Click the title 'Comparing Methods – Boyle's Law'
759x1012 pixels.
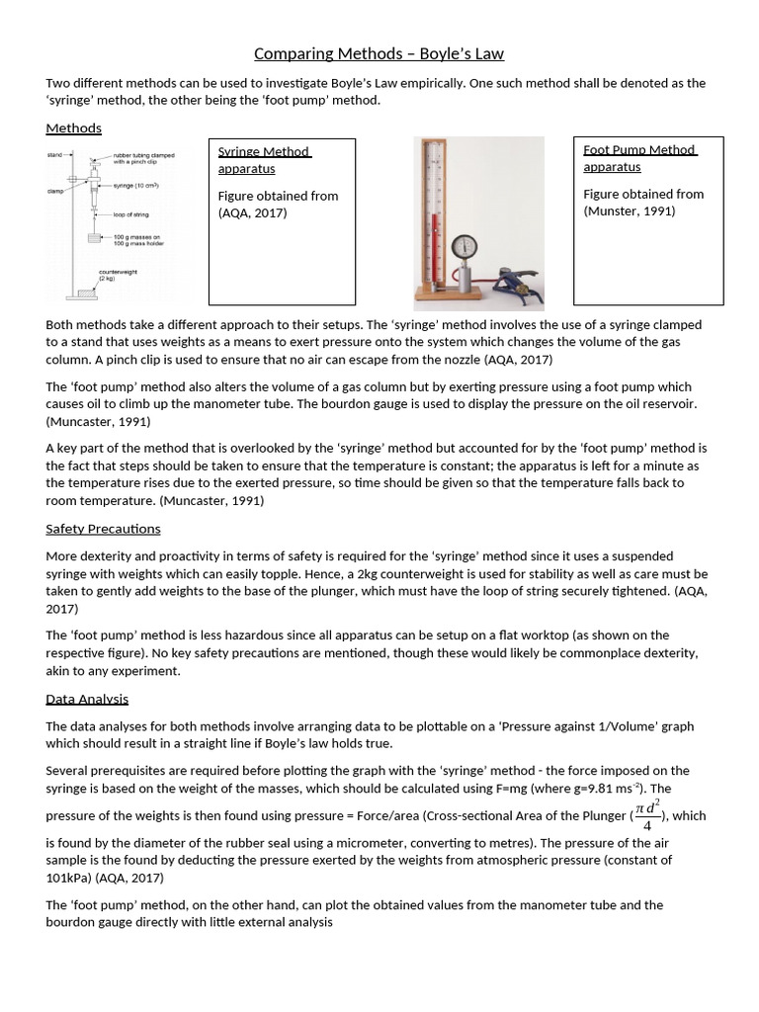(x=379, y=53)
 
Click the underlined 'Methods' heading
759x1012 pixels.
(x=74, y=128)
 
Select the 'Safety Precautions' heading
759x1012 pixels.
(x=103, y=529)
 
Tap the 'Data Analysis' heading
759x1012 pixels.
(x=87, y=699)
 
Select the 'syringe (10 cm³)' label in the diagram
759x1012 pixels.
(x=136, y=186)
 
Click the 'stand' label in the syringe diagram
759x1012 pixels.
(x=54, y=155)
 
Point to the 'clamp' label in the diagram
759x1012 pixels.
(x=54, y=191)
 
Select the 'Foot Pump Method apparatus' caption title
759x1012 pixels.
(x=639, y=158)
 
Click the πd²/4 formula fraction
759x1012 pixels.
(x=647, y=815)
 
